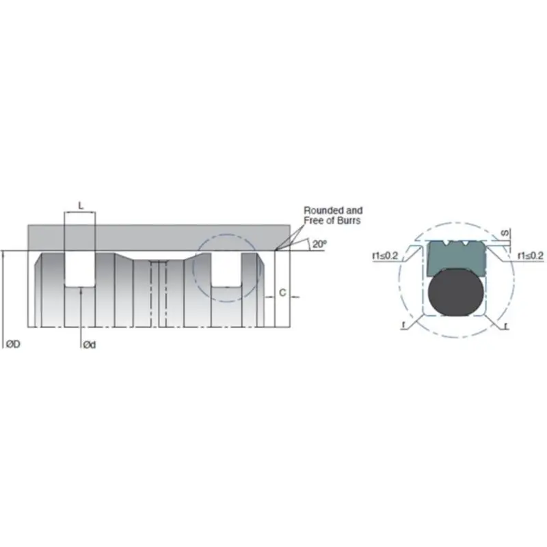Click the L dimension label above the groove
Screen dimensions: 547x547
[x=80, y=205]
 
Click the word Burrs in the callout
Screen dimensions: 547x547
[x=347, y=221]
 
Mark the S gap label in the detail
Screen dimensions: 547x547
[x=504, y=232]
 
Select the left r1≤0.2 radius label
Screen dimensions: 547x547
[x=385, y=255]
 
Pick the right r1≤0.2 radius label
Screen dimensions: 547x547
[x=531, y=255]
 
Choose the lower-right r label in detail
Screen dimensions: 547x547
[x=505, y=326]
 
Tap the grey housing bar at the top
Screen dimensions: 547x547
[x=157, y=237]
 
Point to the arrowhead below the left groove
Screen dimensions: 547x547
[x=80, y=290]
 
